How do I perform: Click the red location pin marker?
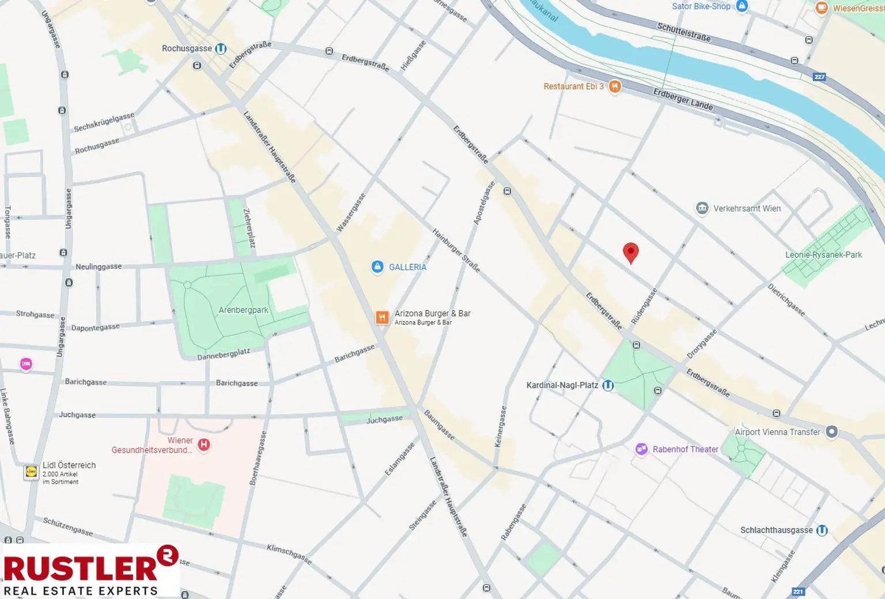click(631, 252)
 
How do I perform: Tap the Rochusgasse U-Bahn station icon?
click(221, 49)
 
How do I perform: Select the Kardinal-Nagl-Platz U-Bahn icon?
click(608, 385)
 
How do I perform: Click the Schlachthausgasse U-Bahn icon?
click(822, 530)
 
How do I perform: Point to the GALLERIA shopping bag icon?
click(377, 267)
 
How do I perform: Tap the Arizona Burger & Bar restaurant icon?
click(382, 317)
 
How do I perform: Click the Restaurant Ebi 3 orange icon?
click(615, 86)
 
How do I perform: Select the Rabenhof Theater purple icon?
click(641, 449)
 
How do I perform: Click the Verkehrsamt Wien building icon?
click(702, 208)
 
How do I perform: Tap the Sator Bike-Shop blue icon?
click(742, 6)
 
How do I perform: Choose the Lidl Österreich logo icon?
click(31, 472)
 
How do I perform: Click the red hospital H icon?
click(204, 445)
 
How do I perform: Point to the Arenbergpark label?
click(243, 310)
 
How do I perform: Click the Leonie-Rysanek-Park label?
click(823, 255)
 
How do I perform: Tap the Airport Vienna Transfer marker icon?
click(831, 432)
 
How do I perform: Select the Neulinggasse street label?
click(99, 267)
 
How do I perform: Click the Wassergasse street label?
click(351, 213)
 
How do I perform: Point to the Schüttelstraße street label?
click(684, 32)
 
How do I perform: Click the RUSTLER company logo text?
click(81, 568)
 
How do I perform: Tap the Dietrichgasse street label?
click(786, 299)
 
